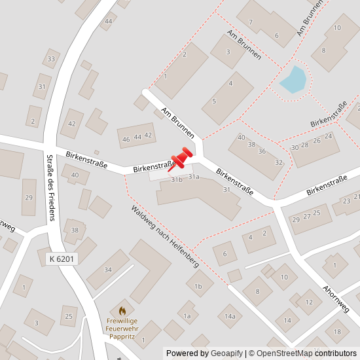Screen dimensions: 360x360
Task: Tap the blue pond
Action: [x=293, y=80]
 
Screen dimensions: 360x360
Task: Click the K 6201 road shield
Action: [x=63, y=259]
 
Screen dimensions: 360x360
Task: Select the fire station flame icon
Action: [x=122, y=310]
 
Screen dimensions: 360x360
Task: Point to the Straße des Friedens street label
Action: [x=50, y=187]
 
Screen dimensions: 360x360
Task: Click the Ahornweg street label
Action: [x=335, y=298]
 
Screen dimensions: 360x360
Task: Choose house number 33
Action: [x=51, y=60]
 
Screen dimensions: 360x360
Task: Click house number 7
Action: [x=251, y=22]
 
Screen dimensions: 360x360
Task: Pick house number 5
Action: [x=214, y=101]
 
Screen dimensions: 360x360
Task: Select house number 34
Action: [x=108, y=270]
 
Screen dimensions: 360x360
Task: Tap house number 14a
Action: [x=230, y=317]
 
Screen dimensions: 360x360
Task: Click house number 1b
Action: [x=199, y=286]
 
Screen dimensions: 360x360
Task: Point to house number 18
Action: [x=337, y=332]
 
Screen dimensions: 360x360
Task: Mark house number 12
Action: [x=309, y=302]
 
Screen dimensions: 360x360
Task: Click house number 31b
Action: [x=176, y=179]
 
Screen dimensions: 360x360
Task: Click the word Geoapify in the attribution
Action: [x=225, y=353]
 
